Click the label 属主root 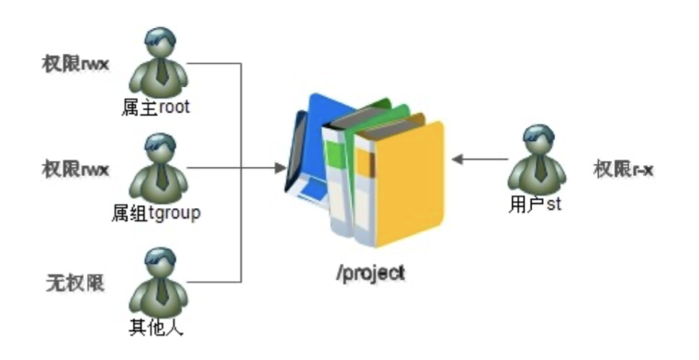155,108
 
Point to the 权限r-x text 623,169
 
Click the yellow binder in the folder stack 404,183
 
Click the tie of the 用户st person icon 540,169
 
